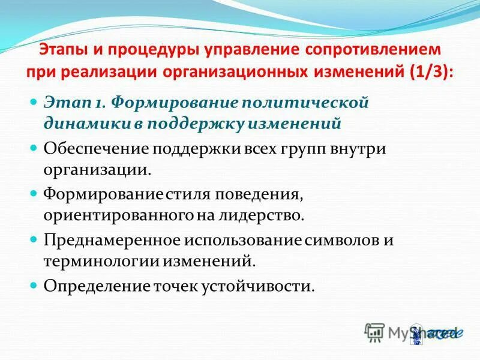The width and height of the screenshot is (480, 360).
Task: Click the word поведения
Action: (x=250, y=194)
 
